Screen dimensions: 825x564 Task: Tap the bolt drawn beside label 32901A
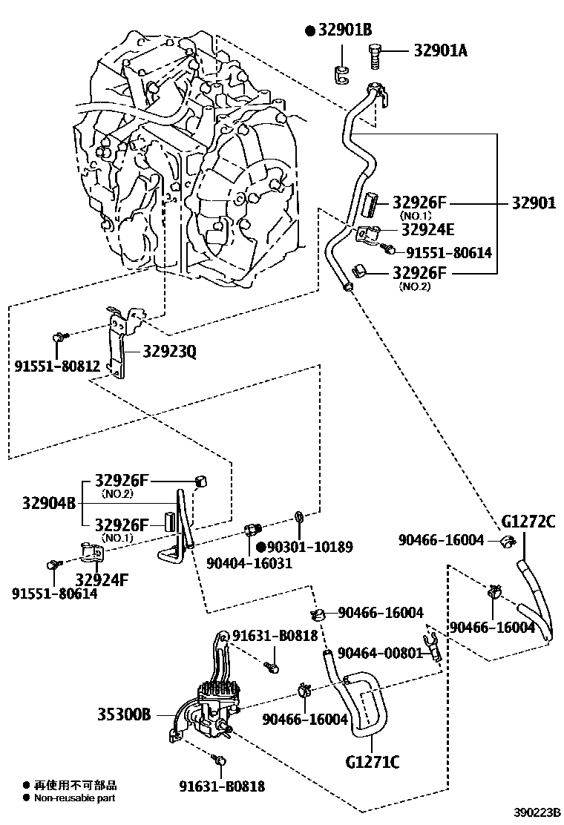click(x=376, y=53)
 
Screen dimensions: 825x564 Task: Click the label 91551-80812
click(x=57, y=365)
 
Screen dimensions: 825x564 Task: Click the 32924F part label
click(x=102, y=578)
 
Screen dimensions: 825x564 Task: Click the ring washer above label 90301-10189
click(x=299, y=516)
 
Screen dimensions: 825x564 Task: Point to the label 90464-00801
click(x=379, y=653)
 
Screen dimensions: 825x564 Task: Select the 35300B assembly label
click(x=124, y=715)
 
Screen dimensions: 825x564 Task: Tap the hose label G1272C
click(x=528, y=522)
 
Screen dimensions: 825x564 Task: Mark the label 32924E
click(x=427, y=229)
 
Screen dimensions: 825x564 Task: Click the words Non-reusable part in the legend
click(x=75, y=798)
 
